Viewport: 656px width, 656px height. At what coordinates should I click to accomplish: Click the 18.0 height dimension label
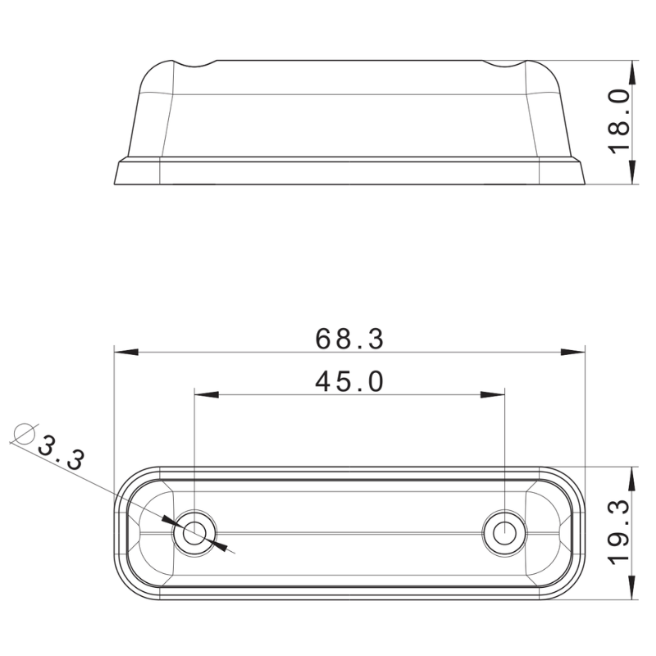(619, 121)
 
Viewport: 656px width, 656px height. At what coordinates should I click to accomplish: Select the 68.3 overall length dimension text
(349, 339)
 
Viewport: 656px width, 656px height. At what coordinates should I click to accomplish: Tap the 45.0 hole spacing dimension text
(349, 381)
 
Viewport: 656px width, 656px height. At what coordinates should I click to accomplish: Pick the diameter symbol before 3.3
(25, 433)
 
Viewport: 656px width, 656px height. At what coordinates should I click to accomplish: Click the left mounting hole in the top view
(194, 533)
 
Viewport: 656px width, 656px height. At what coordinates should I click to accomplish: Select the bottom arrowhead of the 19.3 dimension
(632, 589)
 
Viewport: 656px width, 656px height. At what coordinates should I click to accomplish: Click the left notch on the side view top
(195, 65)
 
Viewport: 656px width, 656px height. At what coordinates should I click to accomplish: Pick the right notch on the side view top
(504, 65)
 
